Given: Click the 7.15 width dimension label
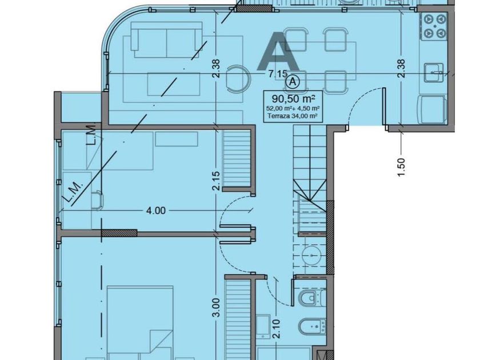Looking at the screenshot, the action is (x=278, y=74).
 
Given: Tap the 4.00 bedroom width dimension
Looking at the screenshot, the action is (x=156, y=211).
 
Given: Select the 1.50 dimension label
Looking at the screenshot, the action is (x=401, y=167).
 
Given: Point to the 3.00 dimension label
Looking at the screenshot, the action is (x=216, y=307).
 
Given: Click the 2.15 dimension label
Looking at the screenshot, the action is (x=216, y=181).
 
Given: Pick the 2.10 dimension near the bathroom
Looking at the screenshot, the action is (x=277, y=329).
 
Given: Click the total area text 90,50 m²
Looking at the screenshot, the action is (x=294, y=99).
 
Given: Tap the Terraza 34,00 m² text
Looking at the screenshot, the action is (x=293, y=116).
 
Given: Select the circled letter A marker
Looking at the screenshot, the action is (x=293, y=82).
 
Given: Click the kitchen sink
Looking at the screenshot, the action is (x=434, y=73).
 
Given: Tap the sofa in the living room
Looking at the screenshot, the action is (x=167, y=40).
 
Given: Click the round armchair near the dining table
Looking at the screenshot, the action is (x=238, y=79).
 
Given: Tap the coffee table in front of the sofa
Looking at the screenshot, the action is (x=174, y=84).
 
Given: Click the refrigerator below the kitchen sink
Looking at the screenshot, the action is (x=432, y=109).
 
